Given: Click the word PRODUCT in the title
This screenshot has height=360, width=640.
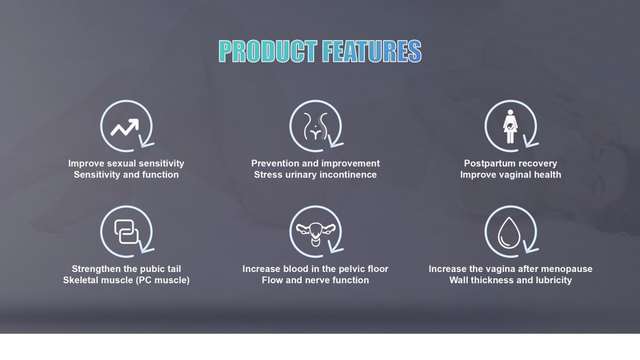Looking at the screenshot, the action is [x=268, y=51].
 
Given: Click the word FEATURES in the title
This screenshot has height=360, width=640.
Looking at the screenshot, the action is [x=372, y=51].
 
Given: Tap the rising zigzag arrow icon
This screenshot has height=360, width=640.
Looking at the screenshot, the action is [x=125, y=127].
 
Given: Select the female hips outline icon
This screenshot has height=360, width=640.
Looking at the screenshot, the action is [x=315, y=126].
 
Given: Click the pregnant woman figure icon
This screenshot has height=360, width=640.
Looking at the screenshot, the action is [x=510, y=126].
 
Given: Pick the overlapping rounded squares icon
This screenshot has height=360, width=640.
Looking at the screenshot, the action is [x=126, y=231].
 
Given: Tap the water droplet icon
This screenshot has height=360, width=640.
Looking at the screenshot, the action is [x=509, y=233].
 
